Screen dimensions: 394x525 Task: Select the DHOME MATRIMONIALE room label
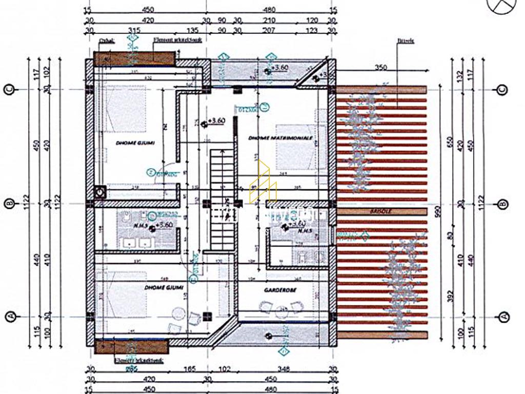(x=280, y=138)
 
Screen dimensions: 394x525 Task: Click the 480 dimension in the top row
(x=269, y=9)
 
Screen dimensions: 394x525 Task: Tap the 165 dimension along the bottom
(x=190, y=368)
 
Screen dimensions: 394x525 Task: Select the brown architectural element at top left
(x=134, y=58)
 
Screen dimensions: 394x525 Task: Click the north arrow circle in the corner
(x=502, y=6)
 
